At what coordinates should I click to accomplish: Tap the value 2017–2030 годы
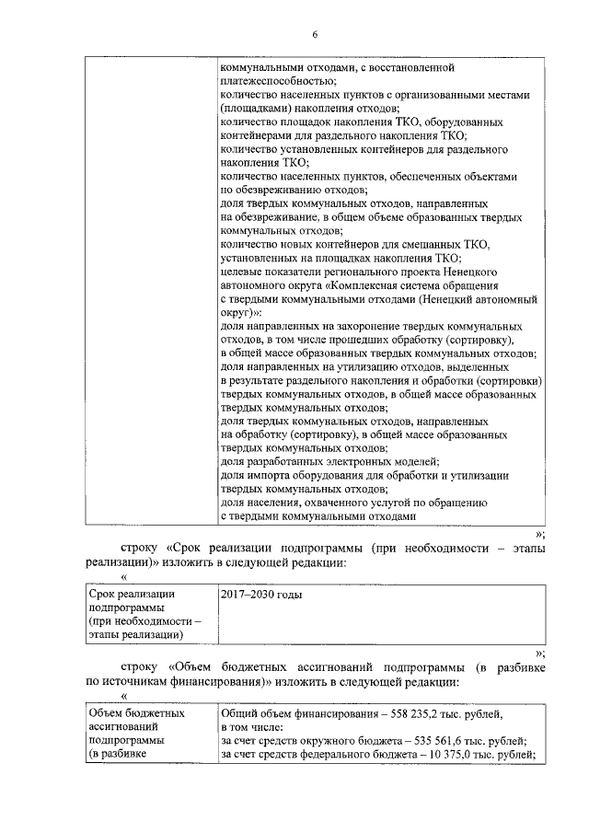click(262, 595)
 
